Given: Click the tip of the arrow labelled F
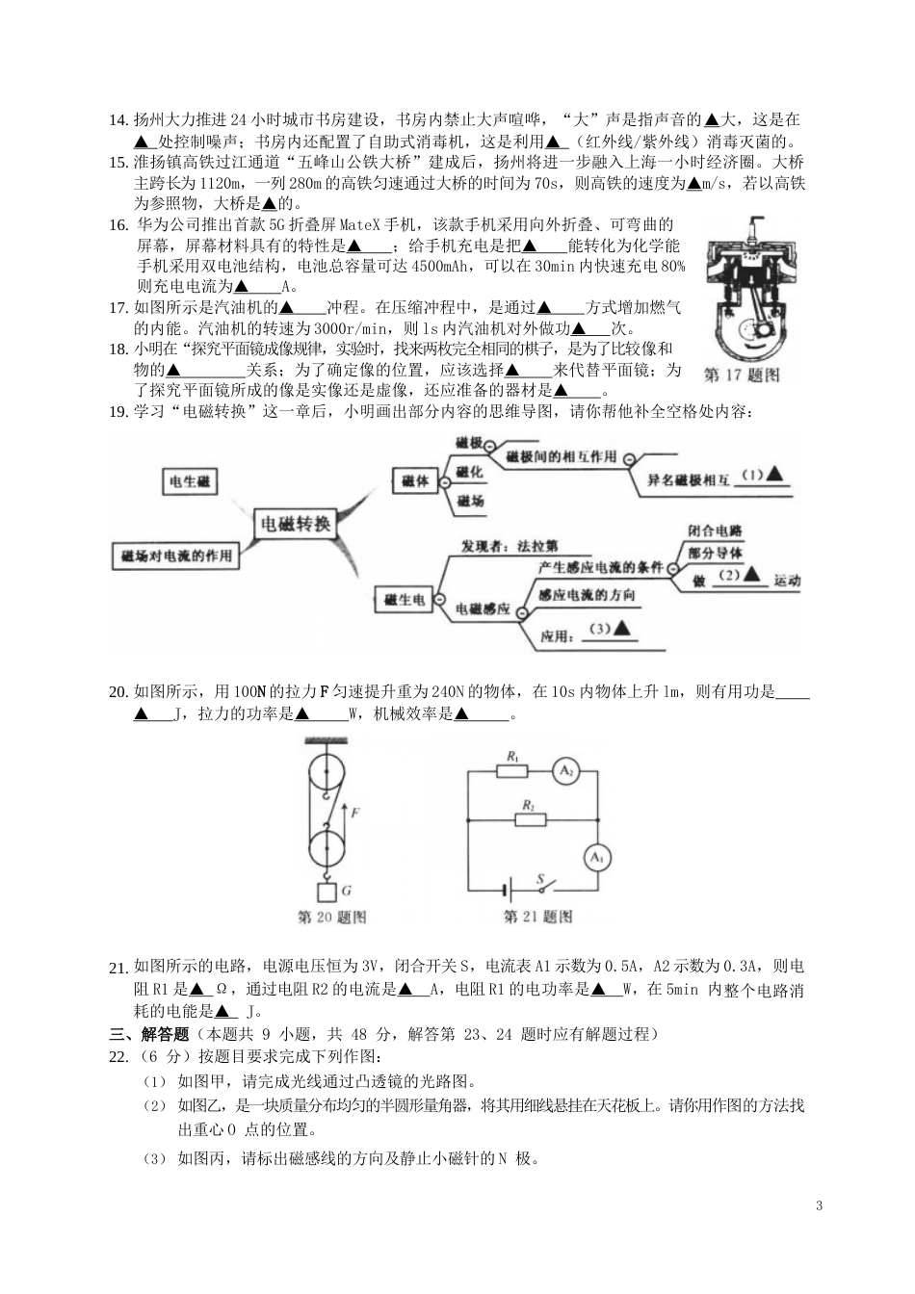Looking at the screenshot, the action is click(345, 804).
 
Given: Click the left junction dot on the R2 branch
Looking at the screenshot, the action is click(468, 819).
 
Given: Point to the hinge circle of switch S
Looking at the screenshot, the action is click(542, 891).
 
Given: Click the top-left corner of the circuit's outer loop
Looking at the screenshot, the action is click(468, 770).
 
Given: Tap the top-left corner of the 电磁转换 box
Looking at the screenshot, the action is click(255, 508).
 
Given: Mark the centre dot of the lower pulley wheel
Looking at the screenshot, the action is click(327, 848).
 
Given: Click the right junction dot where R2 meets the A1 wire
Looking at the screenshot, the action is click(598, 819).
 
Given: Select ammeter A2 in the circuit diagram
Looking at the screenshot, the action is click(566, 771).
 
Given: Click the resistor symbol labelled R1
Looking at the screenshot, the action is click(511, 771).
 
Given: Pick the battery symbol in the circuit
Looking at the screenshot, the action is click(508, 891).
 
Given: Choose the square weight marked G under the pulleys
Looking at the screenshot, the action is click(327, 893).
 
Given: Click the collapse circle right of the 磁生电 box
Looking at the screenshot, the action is click(439, 599).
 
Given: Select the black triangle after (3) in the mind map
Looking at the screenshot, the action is click(621, 628).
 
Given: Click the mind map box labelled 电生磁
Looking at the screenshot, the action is click(190, 481).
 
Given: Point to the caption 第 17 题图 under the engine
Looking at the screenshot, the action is click(742, 375).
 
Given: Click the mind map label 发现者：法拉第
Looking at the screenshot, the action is click(510, 546).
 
